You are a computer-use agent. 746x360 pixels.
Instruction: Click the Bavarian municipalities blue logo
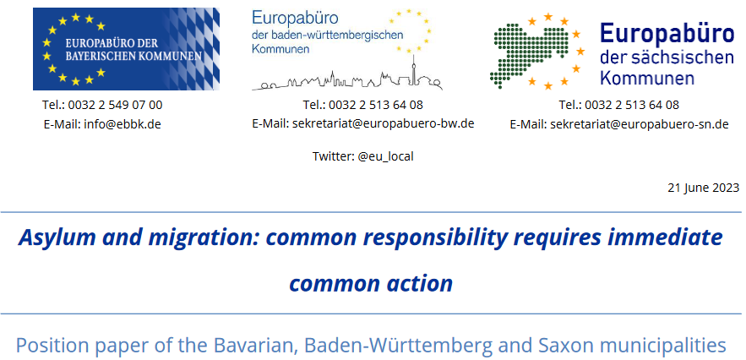click(126, 48)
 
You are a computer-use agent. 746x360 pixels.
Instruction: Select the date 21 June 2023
click(703, 188)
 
